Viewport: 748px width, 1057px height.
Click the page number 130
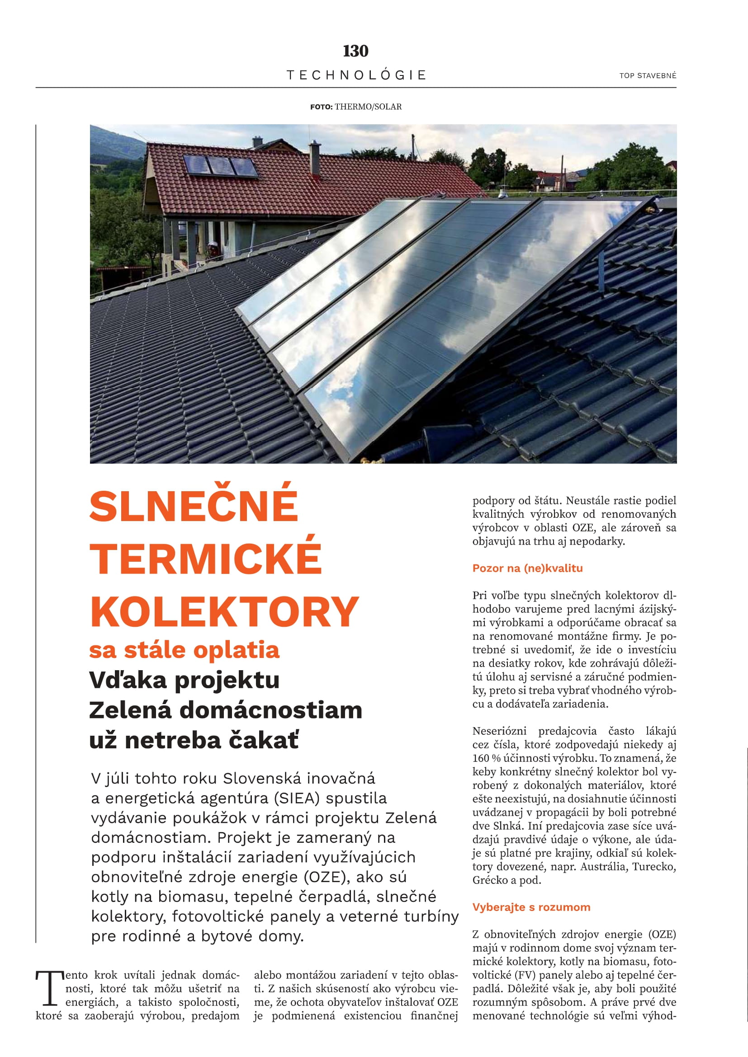(355, 51)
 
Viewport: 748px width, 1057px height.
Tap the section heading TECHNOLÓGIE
(356, 75)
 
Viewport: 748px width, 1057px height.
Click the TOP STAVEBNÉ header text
(648, 75)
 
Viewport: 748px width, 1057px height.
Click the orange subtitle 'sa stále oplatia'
(184, 649)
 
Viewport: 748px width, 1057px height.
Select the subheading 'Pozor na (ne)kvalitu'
(527, 568)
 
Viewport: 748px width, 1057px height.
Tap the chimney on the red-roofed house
(315, 158)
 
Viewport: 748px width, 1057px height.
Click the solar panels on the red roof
(220, 166)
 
